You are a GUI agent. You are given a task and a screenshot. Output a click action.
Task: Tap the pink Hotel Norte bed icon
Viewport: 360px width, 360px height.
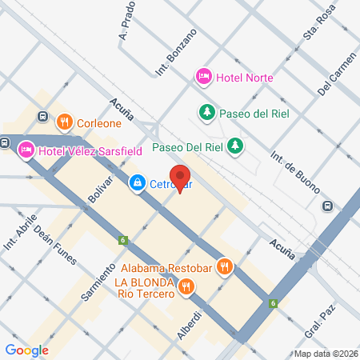tap(203, 77)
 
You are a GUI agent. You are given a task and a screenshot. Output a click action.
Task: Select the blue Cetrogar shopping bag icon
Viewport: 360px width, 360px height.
tap(138, 183)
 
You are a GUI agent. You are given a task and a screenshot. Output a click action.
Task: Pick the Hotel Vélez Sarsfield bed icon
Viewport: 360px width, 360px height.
tap(26, 149)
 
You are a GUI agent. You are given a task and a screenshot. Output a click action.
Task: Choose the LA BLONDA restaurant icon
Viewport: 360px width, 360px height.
tap(186, 286)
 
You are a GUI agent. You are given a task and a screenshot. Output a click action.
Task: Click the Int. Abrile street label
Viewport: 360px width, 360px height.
tap(15, 230)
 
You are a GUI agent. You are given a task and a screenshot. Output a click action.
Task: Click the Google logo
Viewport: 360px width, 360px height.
tap(26, 350)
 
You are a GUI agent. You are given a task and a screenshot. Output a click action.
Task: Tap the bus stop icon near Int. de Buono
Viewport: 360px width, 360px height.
tap(327, 206)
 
